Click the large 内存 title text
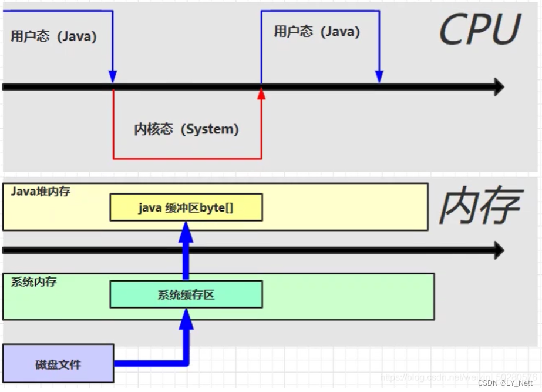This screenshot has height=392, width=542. click(x=480, y=207)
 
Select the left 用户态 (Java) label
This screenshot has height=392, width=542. click(x=53, y=36)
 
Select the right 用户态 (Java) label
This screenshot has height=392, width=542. click(x=317, y=31)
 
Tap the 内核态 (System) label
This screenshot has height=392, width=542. click(x=187, y=129)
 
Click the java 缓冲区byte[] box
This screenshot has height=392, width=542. click(x=186, y=208)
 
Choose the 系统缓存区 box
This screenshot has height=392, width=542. click(x=186, y=294)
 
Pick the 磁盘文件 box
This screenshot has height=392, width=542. click(x=58, y=364)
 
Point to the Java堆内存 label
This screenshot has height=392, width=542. click(x=41, y=192)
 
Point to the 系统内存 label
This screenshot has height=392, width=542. click(x=34, y=282)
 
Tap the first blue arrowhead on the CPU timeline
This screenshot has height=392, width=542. click(x=113, y=77)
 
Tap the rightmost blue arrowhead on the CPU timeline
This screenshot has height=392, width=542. click(x=379, y=77)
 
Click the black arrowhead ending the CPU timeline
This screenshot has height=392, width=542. click(x=499, y=87)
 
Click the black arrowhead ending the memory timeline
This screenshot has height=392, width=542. click(x=499, y=250)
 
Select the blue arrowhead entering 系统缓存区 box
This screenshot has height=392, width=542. click(x=186, y=317)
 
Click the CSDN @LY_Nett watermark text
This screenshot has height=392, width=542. click(x=505, y=383)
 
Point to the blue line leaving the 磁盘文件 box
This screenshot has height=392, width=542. click(x=147, y=363)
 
